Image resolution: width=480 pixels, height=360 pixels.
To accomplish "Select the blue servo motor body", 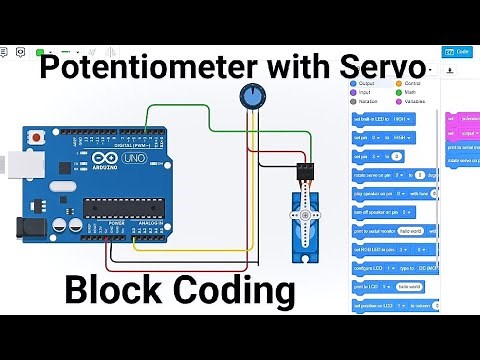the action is [305, 225].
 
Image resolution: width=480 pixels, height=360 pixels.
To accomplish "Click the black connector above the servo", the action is [305, 173].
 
